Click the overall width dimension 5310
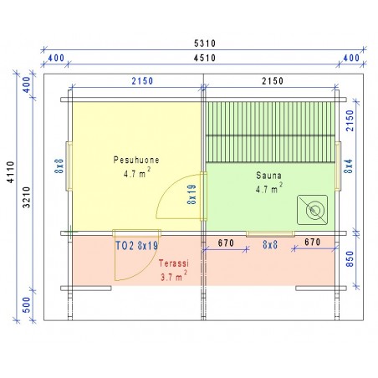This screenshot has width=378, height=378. click(x=205, y=43)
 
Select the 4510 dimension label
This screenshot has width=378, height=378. click(x=205, y=58)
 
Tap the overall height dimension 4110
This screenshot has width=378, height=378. click(x=10, y=172)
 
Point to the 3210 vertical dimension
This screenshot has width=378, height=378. click(x=27, y=197)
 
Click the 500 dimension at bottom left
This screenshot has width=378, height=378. click(x=26, y=304)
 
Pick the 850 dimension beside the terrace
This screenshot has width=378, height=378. click(x=350, y=259)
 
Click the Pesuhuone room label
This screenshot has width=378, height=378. click(x=136, y=160)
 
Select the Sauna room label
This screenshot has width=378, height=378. click(x=268, y=176)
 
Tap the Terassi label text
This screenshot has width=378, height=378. click(x=174, y=263)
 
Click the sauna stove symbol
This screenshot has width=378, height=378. click(x=312, y=210)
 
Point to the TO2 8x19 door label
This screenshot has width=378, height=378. click(x=136, y=246)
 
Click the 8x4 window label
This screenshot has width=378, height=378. click(x=348, y=166)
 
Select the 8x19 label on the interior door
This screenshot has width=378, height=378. click(x=192, y=195)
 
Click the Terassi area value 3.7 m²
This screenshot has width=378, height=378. click(x=174, y=276)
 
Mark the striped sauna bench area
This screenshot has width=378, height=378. click(x=270, y=132)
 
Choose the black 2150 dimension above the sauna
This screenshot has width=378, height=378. click(x=273, y=81)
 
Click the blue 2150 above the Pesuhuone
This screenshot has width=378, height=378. click(x=142, y=81)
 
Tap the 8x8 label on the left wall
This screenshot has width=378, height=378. click(x=59, y=166)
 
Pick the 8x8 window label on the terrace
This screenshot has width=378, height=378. click(x=270, y=245)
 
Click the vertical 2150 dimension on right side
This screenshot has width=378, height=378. click(x=350, y=120)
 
